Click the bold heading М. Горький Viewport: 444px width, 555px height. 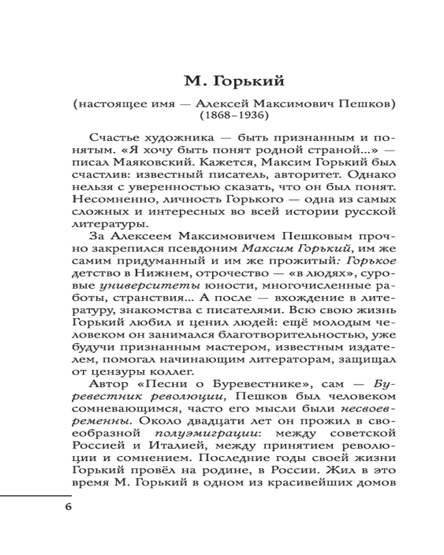tap(234, 82)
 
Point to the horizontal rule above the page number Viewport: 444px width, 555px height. tap(36, 495)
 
